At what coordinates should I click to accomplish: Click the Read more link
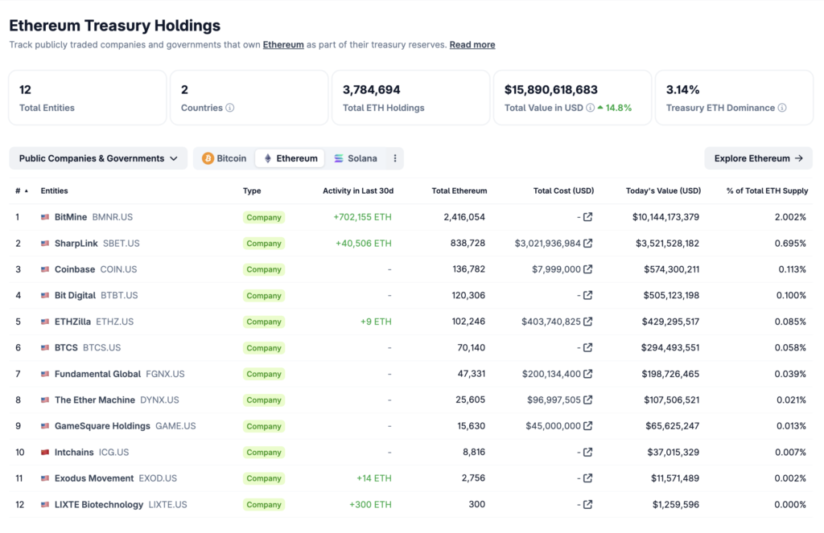[472, 45]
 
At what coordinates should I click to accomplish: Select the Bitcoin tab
[225, 158]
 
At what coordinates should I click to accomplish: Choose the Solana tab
[356, 158]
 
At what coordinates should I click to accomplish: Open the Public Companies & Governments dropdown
[98, 158]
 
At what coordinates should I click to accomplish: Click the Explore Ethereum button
[758, 158]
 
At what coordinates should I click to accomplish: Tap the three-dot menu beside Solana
[395, 158]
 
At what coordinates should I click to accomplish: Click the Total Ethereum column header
[459, 191]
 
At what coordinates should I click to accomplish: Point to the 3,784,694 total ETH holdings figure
[372, 90]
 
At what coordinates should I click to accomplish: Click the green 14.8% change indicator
[615, 108]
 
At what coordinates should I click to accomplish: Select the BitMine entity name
[71, 217]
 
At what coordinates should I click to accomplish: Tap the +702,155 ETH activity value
[362, 217]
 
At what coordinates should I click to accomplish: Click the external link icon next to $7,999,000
[588, 269]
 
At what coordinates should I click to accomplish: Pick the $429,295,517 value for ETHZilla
[665, 322]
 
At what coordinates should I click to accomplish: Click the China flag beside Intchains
[46, 452]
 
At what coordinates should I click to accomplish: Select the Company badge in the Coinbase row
[264, 269]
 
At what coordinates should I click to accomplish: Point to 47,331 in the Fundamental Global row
[471, 374]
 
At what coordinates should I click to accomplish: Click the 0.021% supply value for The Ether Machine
[791, 400]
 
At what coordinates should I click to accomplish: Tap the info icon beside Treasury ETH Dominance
[782, 108]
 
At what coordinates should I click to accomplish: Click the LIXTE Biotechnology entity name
[99, 504]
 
